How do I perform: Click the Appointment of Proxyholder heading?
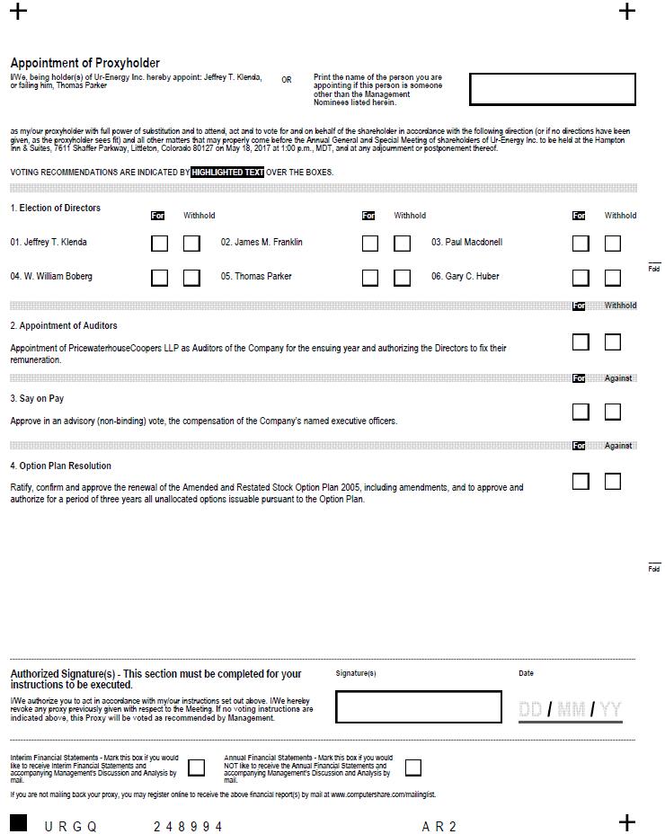coord(84,63)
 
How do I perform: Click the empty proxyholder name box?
coord(552,90)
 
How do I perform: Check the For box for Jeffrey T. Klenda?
coord(159,243)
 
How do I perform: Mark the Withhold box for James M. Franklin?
coord(402,243)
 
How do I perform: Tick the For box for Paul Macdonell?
coord(581,243)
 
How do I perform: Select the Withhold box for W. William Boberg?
coord(191,277)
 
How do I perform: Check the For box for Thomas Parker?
coord(369,277)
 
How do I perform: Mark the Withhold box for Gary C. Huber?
coord(613,277)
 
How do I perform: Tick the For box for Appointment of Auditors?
coord(581,342)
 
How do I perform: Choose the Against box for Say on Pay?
coord(613,412)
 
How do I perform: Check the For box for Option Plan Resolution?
coord(581,481)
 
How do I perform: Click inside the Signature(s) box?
coord(418,706)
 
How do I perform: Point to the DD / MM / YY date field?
coord(570,710)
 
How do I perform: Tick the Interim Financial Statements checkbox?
coord(196,767)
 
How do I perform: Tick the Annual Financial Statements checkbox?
coord(412,767)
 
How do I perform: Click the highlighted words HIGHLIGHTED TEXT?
coord(227,172)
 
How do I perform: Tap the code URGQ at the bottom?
coord(70,826)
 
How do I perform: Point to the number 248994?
coord(188,826)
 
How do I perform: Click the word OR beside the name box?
coord(287,80)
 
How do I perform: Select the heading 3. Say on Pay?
coord(37,398)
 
